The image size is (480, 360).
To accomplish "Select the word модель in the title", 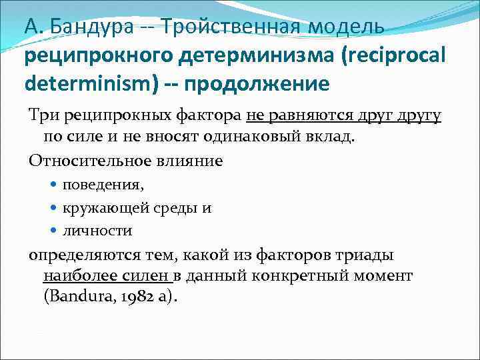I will tap(347, 27).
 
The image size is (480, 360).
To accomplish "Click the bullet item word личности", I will tap(88, 231).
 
